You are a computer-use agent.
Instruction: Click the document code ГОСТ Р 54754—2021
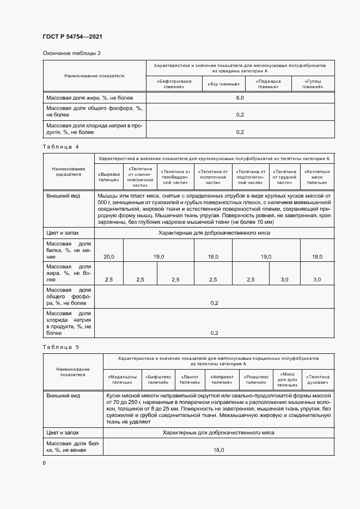pos(72,37)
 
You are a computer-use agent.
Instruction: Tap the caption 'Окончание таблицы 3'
pos(71,53)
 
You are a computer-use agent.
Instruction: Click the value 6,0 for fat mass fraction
pos(240,97)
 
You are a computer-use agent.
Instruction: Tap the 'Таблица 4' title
pos(61,147)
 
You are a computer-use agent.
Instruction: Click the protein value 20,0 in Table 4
pos(108,256)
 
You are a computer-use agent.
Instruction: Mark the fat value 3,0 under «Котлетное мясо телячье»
pos(317,279)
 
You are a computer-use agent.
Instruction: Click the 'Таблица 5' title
pos(61,347)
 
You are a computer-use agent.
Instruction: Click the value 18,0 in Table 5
pos(218,450)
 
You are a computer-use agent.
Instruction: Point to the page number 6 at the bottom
pos(45,463)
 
